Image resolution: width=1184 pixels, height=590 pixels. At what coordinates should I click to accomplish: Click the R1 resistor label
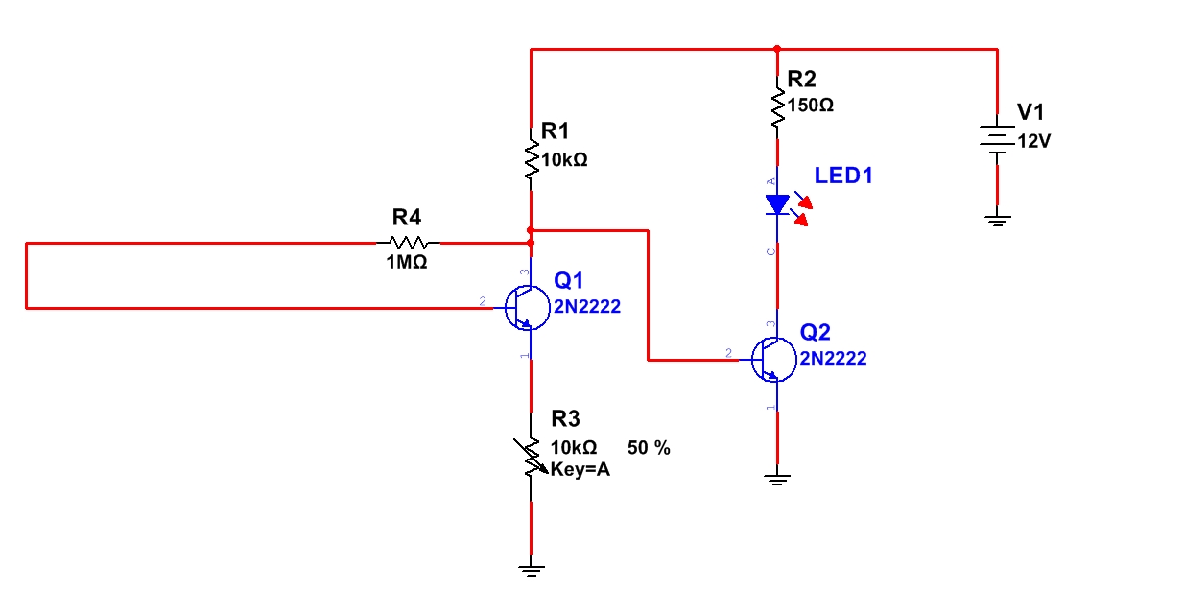(556, 130)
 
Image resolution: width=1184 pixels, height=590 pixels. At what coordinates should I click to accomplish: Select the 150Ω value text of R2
(810, 106)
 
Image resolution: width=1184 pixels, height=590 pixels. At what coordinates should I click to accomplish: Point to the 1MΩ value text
(406, 263)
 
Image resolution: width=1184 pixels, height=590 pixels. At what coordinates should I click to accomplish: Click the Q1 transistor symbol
(526, 308)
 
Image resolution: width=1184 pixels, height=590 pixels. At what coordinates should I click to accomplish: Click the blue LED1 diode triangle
(776, 204)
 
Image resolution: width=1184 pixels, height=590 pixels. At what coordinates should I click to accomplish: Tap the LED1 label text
(843, 176)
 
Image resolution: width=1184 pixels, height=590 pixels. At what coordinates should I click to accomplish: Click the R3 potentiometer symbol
(531, 457)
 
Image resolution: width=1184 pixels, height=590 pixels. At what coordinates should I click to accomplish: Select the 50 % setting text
(649, 448)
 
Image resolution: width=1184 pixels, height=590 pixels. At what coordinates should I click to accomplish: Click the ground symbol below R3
(531, 567)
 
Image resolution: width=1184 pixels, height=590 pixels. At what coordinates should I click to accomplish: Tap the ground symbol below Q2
(777, 479)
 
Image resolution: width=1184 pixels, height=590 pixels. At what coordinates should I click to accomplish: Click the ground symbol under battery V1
(998, 222)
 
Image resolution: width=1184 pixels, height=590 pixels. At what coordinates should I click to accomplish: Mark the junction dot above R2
(777, 48)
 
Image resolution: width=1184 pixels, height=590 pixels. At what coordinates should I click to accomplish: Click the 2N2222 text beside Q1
(587, 307)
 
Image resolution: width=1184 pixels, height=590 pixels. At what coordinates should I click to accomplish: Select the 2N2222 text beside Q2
(834, 359)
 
